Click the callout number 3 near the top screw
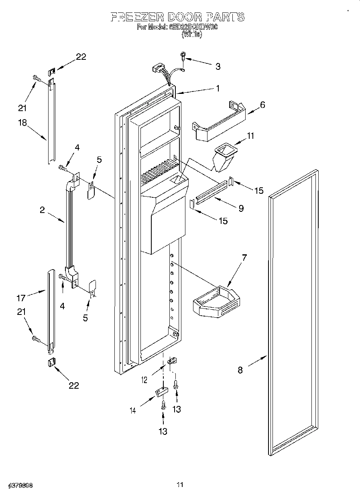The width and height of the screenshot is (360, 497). tap(218, 67)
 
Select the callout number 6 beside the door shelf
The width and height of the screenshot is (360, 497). tap(262, 105)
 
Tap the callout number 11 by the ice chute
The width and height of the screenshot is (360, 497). tap(250, 136)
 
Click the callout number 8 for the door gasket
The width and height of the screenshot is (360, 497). tap(240, 370)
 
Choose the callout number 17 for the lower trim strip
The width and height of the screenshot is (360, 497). tap(21, 298)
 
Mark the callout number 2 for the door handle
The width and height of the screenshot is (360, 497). tap(42, 210)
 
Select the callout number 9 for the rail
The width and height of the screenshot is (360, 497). tap(241, 208)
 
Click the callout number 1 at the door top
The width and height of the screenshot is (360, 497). tap(218, 89)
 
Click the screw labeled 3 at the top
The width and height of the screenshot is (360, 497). tap(184, 57)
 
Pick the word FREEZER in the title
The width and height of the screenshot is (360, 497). tap(134, 17)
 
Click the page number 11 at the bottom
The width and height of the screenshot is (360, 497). tap(180, 485)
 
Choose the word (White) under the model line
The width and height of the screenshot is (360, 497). tap(192, 35)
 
